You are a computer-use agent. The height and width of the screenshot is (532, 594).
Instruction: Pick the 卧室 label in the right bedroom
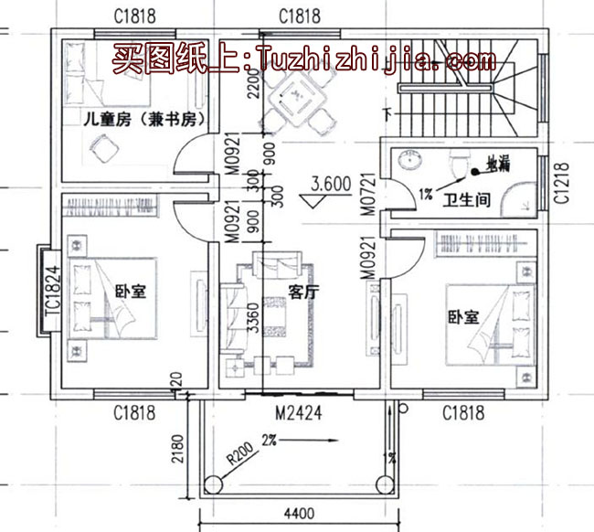463,316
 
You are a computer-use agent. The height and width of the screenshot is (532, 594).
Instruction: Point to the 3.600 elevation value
331,183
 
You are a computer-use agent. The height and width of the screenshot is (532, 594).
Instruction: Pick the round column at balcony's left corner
216,482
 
